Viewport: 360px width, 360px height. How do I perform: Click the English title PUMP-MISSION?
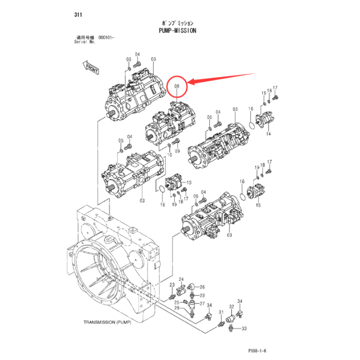(x=177, y=30)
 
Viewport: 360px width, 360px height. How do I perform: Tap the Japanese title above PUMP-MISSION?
(x=177, y=23)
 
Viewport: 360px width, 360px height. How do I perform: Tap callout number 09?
(x=177, y=151)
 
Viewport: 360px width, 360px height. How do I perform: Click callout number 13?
(x=188, y=183)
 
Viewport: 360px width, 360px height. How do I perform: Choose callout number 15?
(x=259, y=205)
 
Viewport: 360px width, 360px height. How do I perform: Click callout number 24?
(x=181, y=280)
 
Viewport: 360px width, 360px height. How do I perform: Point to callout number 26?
(x=202, y=287)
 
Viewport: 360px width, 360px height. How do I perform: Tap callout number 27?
(x=202, y=304)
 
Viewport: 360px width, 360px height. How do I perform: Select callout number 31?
(x=221, y=312)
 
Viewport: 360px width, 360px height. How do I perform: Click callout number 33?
(x=244, y=328)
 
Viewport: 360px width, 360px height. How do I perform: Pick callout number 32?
(x=231, y=306)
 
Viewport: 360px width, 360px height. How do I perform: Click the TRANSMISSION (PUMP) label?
(x=107, y=323)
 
